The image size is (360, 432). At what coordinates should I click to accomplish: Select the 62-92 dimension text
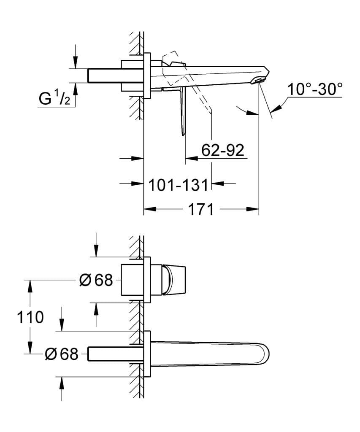point(222,150)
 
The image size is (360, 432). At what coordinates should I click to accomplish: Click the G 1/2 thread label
point(54,99)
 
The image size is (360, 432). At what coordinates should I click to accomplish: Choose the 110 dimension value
point(30,317)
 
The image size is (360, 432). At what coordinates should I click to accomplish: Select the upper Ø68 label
point(96,280)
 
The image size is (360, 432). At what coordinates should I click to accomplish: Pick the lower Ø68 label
point(62,354)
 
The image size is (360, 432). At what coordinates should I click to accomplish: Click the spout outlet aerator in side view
point(258,80)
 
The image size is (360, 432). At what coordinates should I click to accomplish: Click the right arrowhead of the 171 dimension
point(253,209)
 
